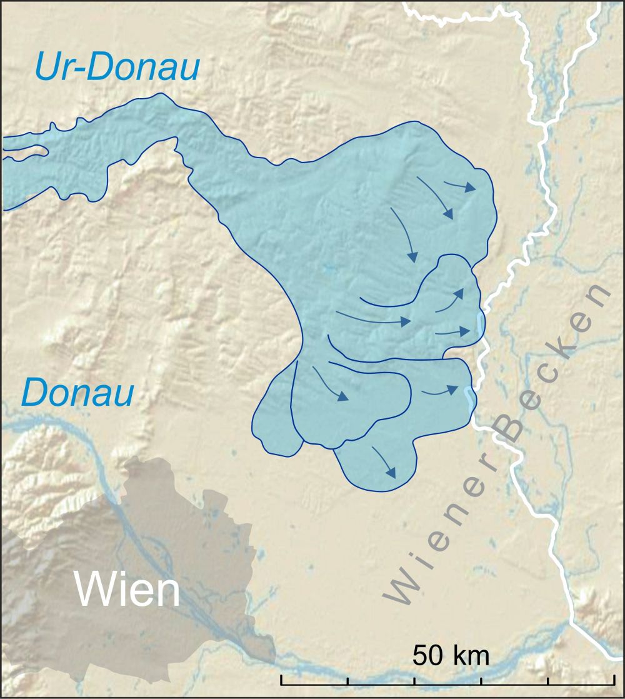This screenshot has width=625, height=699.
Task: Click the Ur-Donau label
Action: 117,67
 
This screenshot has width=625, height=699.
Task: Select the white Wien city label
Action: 127,589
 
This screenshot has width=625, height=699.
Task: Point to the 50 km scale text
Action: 451,656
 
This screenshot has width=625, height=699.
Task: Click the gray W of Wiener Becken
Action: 402,587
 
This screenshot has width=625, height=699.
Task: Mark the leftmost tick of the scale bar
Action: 281,680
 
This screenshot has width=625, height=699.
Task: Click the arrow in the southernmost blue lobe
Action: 384,461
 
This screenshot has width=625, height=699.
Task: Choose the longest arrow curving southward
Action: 403,234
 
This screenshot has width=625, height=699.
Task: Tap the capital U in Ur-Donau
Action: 49,67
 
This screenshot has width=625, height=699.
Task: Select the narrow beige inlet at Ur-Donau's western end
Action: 25,151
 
